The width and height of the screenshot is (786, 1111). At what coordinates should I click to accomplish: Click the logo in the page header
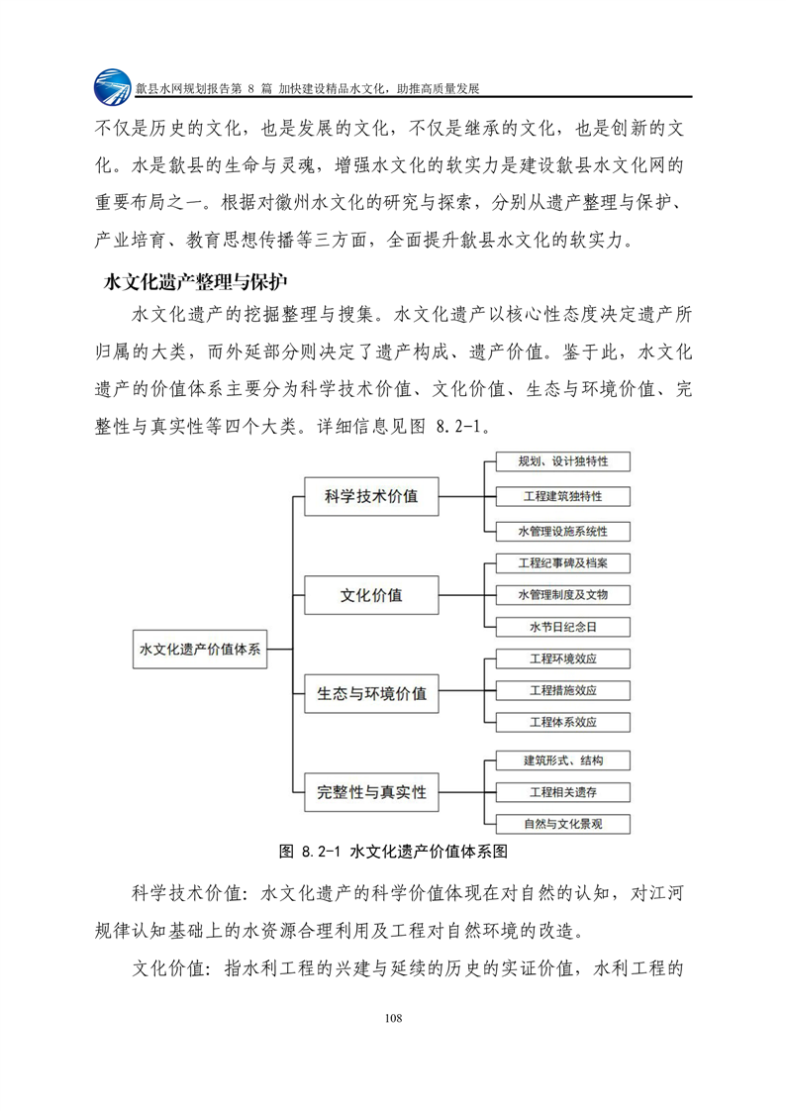point(112,87)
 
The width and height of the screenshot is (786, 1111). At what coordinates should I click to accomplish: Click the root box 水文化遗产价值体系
point(200,650)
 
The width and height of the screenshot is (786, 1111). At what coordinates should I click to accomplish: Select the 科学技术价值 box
point(371,497)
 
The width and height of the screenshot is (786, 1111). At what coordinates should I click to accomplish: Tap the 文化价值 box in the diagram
point(371,595)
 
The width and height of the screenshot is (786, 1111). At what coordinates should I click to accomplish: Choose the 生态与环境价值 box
point(371,693)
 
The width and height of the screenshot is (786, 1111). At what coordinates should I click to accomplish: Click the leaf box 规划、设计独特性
point(562,461)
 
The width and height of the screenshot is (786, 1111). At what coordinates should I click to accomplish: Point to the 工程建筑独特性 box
point(562,495)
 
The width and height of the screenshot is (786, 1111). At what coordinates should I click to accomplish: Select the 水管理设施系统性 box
point(562,531)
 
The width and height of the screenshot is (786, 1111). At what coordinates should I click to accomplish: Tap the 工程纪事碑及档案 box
point(562,562)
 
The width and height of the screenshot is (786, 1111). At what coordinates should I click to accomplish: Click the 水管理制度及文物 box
point(562,594)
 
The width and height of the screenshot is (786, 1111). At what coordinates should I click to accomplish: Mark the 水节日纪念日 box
point(562,627)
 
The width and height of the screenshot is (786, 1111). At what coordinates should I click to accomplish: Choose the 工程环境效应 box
point(562,658)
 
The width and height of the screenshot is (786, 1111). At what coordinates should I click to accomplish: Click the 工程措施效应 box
point(562,690)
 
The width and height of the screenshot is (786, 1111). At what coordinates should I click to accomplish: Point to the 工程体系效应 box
point(562,722)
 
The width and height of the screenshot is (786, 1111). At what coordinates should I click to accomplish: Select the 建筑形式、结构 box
point(562,760)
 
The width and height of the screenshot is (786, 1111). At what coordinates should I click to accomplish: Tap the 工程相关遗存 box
point(562,792)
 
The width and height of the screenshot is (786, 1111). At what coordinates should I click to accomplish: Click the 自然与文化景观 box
point(562,823)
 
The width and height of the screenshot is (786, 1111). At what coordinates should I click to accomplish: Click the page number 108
point(393,1017)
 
